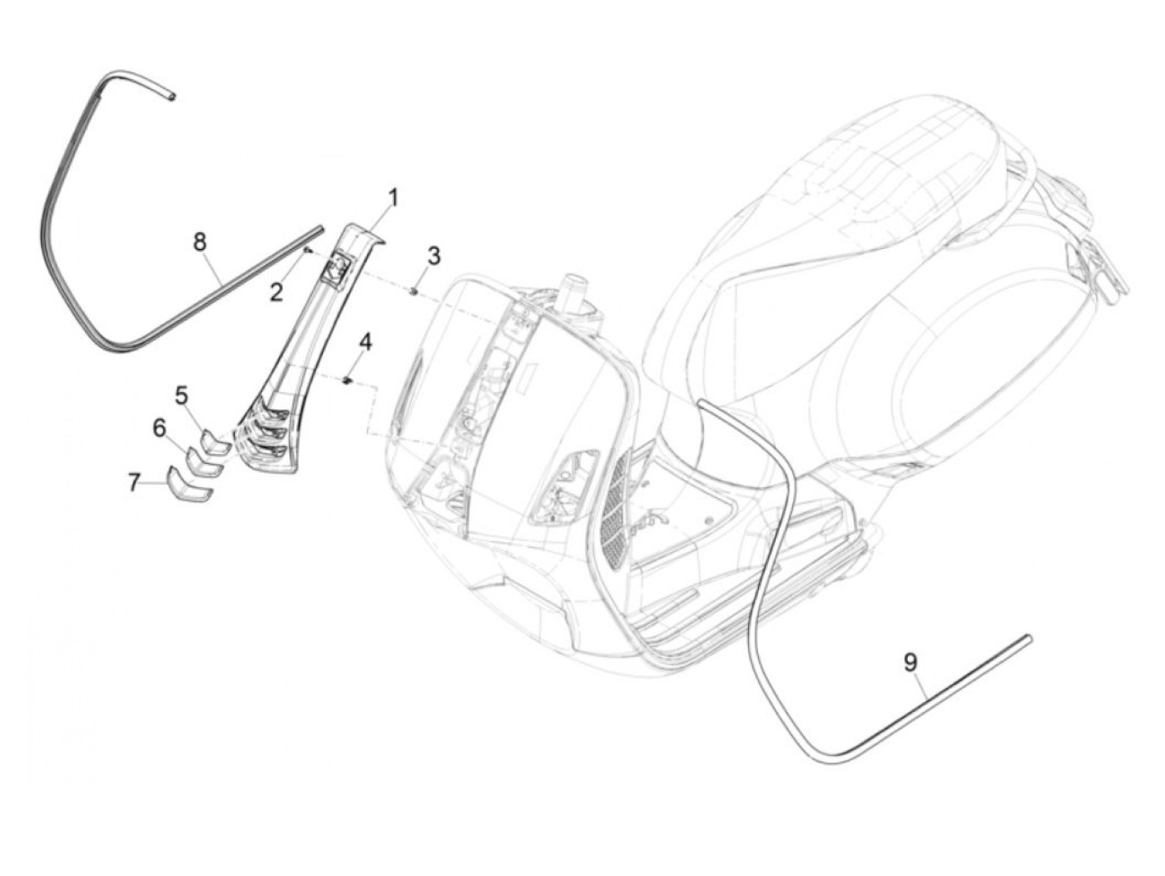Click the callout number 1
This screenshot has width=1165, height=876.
(392, 198)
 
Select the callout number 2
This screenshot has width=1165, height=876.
(276, 291)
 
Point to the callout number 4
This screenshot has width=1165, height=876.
(365, 343)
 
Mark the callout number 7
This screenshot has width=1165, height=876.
(135, 482)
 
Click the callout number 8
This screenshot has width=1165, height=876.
(200, 243)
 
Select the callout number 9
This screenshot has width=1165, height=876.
(910, 662)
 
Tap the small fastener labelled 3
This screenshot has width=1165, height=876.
(414, 290)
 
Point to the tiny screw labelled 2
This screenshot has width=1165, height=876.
(308, 248)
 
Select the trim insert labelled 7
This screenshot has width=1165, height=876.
(190, 487)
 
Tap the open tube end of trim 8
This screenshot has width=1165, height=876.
(171, 97)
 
